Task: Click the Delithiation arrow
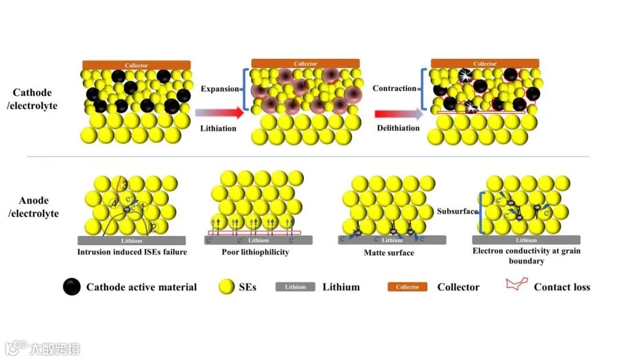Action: click(x=399, y=113)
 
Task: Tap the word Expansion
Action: click(x=220, y=89)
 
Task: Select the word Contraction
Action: click(x=394, y=89)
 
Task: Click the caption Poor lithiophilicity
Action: click(x=255, y=252)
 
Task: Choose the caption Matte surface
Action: click(x=389, y=252)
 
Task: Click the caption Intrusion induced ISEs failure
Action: click(x=133, y=252)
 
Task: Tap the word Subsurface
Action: click(x=457, y=211)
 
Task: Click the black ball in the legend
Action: click(x=72, y=287)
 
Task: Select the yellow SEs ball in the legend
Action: click(x=227, y=287)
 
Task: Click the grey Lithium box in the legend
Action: click(x=295, y=287)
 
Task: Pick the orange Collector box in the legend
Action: click(x=407, y=287)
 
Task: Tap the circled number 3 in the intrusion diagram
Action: click(x=125, y=185)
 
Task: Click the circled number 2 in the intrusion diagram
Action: click(x=153, y=228)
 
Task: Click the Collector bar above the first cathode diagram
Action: click(x=136, y=66)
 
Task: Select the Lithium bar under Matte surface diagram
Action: click(x=388, y=240)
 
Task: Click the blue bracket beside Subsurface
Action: click(x=482, y=212)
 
